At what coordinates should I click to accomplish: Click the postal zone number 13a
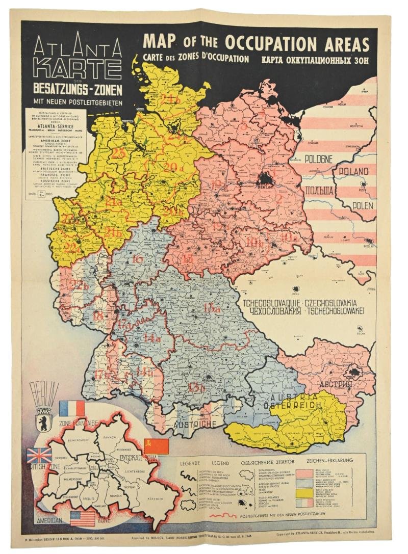[x=211, y=309]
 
